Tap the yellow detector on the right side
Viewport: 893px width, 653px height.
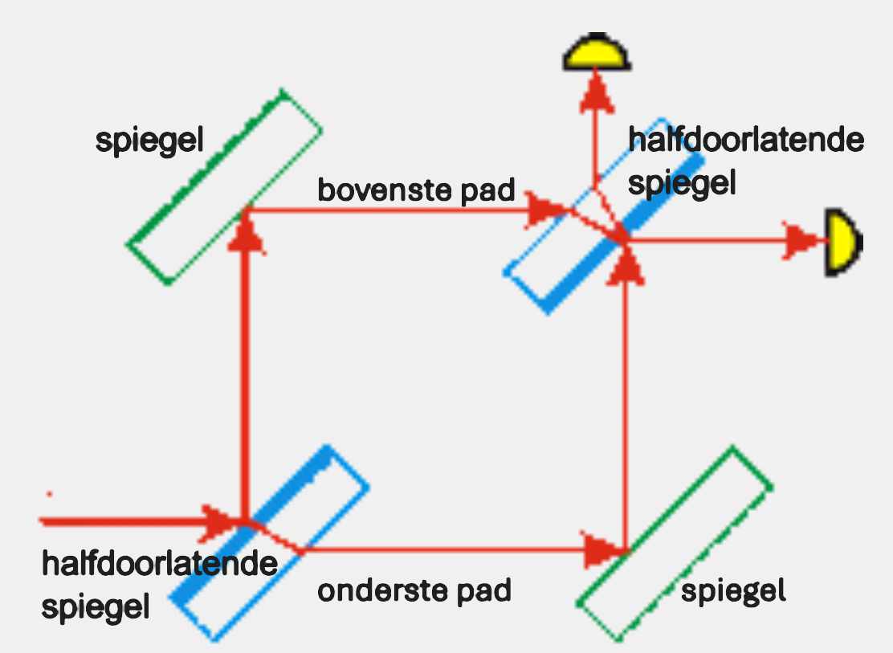[842, 242]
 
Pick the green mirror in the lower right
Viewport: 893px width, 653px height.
[675, 544]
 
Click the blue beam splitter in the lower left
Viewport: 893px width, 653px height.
[270, 541]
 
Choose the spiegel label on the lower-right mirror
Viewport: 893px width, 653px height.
[732, 592]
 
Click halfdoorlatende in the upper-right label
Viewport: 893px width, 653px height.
[746, 141]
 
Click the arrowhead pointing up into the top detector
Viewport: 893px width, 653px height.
[595, 83]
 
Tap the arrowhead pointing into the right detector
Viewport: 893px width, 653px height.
[801, 240]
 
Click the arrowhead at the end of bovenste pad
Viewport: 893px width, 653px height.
[547, 211]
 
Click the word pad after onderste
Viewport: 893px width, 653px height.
[482, 591]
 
